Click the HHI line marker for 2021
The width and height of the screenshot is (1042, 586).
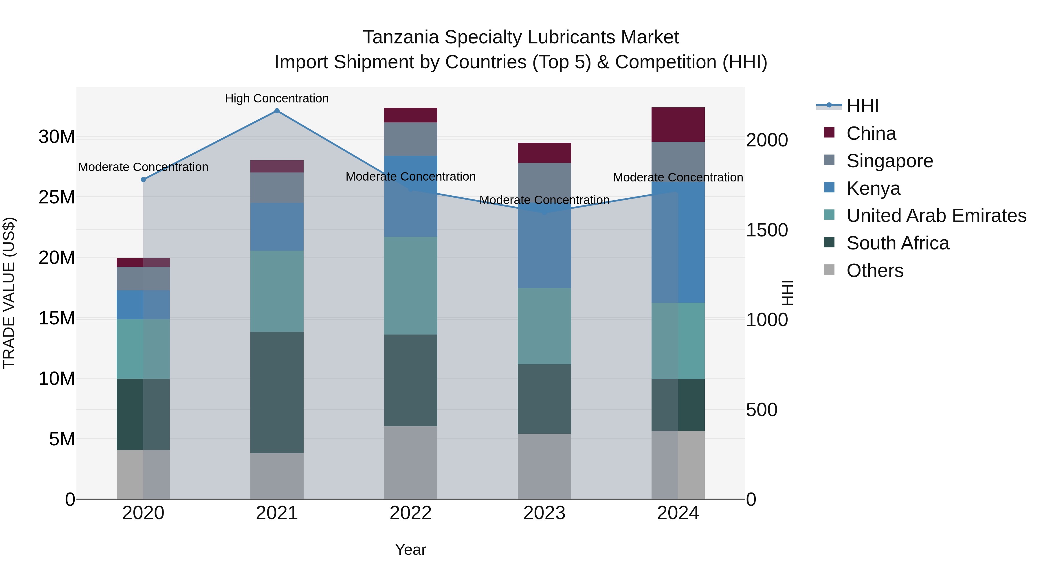pos(277,111)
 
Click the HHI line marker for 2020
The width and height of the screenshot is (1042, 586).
pos(143,179)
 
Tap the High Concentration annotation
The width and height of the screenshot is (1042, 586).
pos(277,99)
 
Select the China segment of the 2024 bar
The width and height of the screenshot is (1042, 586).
pos(678,124)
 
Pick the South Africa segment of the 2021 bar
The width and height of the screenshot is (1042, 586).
pos(277,392)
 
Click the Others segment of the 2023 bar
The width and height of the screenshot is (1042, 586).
pos(544,466)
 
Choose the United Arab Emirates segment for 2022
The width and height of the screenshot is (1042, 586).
pos(410,286)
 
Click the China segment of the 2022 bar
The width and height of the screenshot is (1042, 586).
pos(410,115)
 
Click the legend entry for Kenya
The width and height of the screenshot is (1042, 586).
pos(873,188)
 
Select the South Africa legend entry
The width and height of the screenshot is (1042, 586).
pos(898,243)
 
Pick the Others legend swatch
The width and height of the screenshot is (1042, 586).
pos(829,270)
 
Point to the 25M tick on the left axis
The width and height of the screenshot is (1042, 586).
pos(57,197)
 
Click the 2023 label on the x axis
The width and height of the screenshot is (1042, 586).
pos(544,513)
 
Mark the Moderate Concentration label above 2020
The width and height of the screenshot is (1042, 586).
pos(143,167)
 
